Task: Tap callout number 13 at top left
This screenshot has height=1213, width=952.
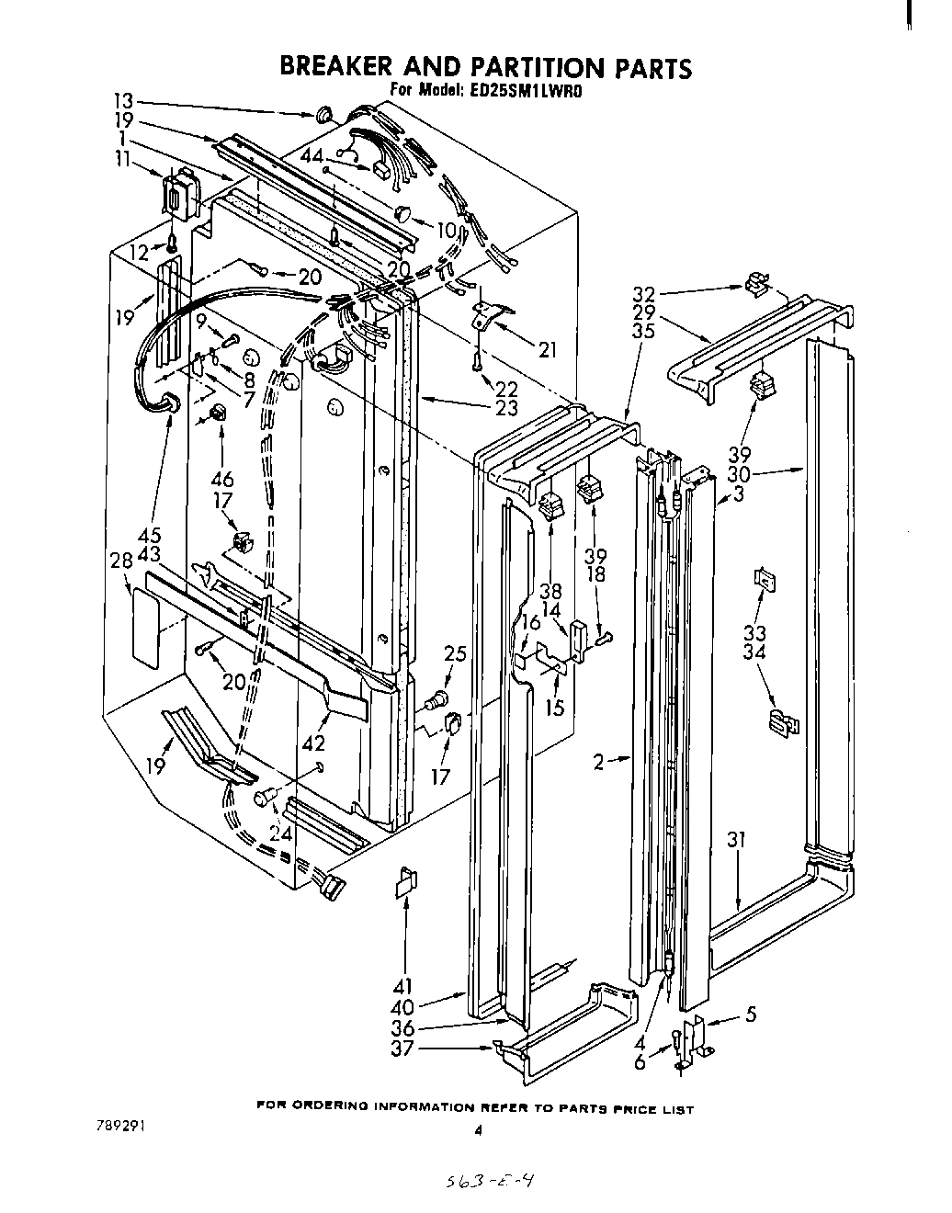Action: pos(124,101)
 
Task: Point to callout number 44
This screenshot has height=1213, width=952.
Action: pos(315,156)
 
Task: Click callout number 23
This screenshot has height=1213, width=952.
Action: pos(506,408)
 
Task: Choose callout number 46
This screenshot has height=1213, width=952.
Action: pos(222,478)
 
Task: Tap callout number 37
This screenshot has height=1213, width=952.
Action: pos(402,1049)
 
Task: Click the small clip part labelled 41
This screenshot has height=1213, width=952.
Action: pos(405,883)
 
